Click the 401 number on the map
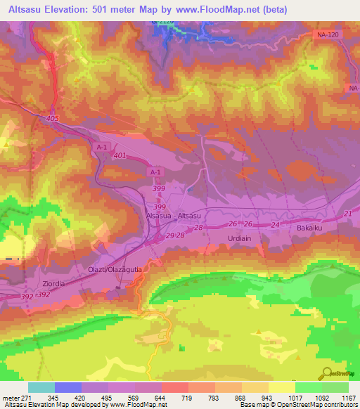click(118, 155)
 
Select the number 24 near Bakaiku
click(275, 225)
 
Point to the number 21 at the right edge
click(347, 214)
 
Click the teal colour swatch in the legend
click(41, 387)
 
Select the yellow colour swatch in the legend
click(281, 387)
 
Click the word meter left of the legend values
click(11, 397)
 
